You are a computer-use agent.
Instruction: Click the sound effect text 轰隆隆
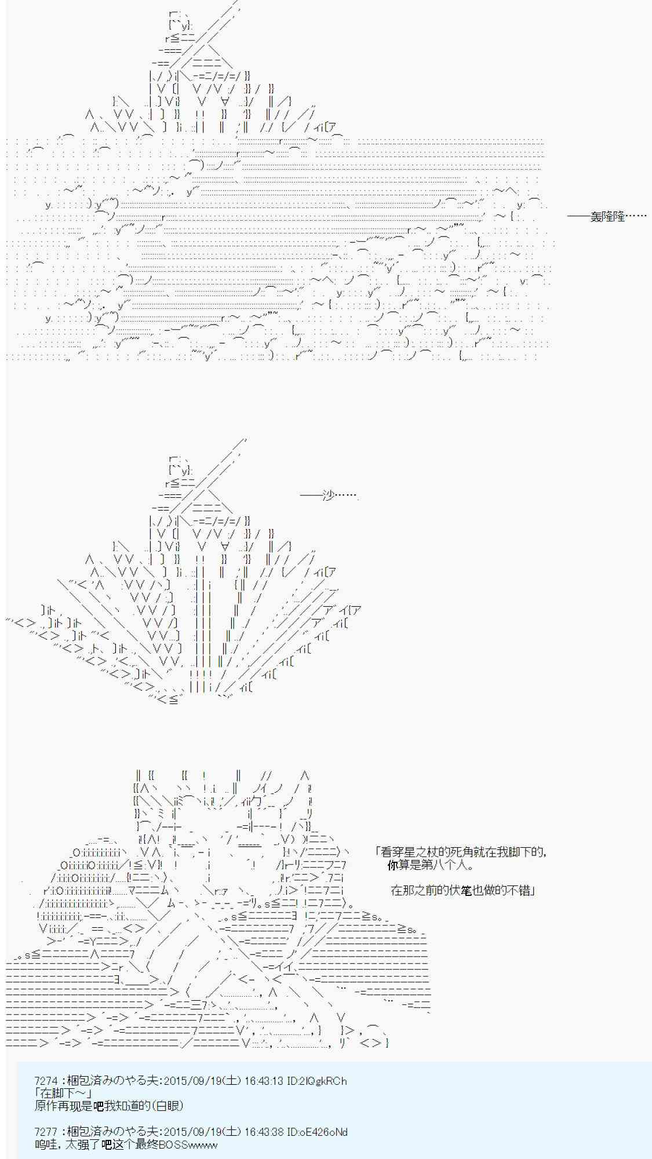point(607,217)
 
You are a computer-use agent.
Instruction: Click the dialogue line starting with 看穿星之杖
point(461,852)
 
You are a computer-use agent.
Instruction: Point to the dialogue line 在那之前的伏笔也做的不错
point(462,890)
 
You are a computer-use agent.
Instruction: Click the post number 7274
point(46,1081)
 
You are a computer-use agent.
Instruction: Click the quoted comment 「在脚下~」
point(63,1094)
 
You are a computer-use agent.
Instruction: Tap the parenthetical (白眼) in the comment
point(168,1106)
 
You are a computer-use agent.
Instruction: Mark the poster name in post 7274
point(112,1081)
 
